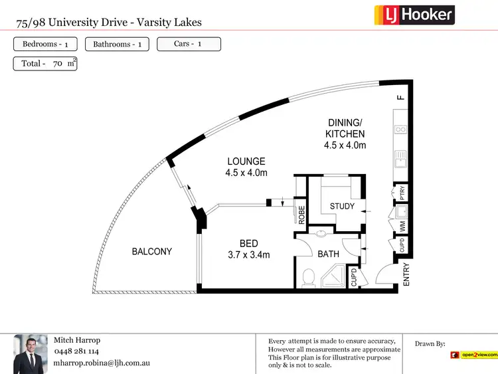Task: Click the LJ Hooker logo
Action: click(414, 15)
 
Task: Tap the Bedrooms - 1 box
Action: click(45, 45)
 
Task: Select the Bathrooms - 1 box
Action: click(117, 45)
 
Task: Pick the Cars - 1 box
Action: click(189, 45)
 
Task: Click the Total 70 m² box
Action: click(45, 64)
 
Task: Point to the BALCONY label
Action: click(151, 252)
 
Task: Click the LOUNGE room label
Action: click(246, 161)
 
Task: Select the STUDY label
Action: click(343, 207)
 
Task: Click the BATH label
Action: click(328, 254)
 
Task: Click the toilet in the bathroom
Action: click(308, 278)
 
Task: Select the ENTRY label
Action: click(407, 275)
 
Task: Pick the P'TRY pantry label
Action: click(402, 192)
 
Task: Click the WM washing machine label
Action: click(402, 226)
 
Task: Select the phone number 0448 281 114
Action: click(76, 351)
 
